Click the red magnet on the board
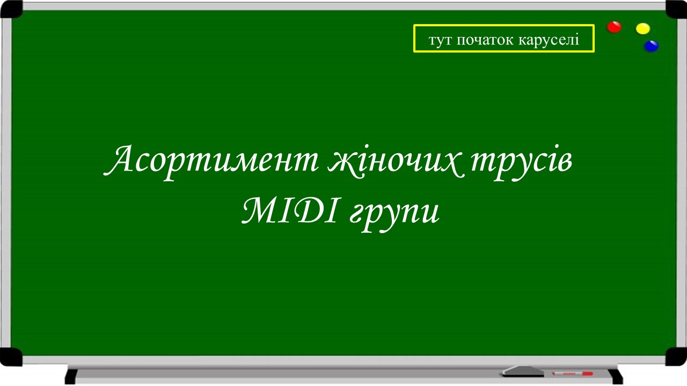[x=614, y=27]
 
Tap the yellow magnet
[x=642, y=28]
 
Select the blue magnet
[x=651, y=46]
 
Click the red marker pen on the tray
[x=572, y=373]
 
